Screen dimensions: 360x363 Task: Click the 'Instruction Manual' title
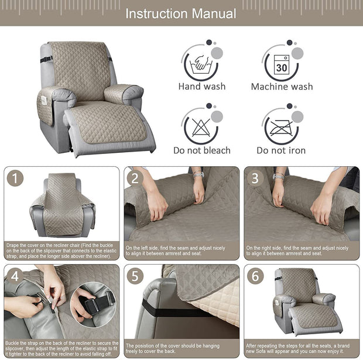click(x=181, y=13)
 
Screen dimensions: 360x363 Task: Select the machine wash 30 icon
click(x=281, y=63)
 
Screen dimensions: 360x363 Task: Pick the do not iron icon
click(x=281, y=126)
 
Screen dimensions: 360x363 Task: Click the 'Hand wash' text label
click(x=202, y=87)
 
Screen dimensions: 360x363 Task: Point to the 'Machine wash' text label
click(x=282, y=87)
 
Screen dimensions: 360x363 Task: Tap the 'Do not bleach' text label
click(x=202, y=150)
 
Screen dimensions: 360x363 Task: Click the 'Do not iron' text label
click(x=281, y=150)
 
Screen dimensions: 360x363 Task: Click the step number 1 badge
click(x=15, y=178)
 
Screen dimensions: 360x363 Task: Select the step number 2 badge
click(x=135, y=178)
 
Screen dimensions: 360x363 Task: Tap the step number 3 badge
click(x=255, y=178)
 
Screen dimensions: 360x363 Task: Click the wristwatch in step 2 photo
click(x=198, y=174)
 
